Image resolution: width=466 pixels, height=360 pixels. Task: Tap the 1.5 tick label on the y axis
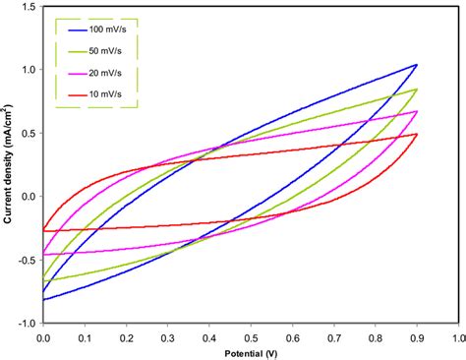pyautogui.click(x=30, y=8)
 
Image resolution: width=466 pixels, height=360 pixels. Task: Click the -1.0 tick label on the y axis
pyautogui.click(x=29, y=323)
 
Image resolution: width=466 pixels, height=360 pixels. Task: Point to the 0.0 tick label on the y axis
pyautogui.click(x=30, y=197)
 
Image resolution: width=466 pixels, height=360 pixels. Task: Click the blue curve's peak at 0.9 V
pyautogui.click(x=417, y=65)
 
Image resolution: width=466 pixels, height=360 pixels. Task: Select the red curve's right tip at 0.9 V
pyautogui.click(x=417, y=134)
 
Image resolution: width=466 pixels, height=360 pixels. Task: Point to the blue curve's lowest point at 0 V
pyautogui.click(x=44, y=299)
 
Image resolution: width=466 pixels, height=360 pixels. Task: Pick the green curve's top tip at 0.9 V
pyautogui.click(x=417, y=90)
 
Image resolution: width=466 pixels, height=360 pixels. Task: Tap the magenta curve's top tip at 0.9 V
pyautogui.click(x=417, y=111)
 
